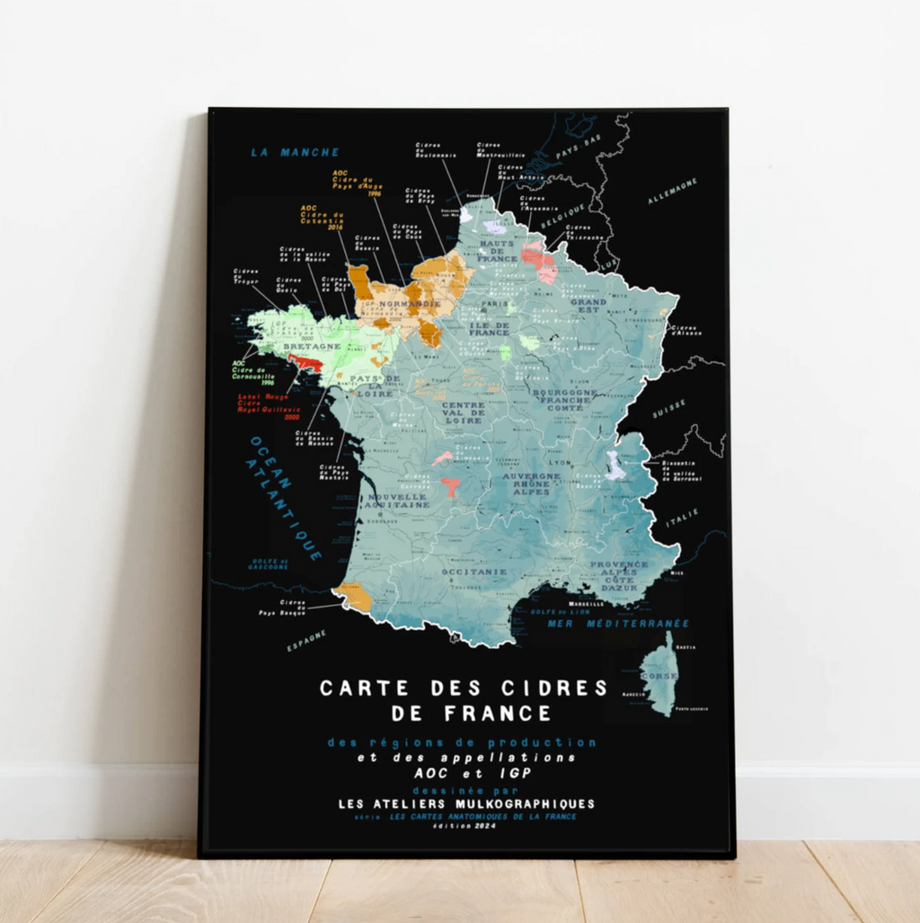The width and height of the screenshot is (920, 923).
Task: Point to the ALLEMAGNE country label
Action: pos(672,190)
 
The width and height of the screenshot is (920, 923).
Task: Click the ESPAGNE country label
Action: pos(307,640)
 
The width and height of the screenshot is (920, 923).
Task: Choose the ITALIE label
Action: pos(682,517)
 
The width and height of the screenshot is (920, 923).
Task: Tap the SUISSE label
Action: pos(668,409)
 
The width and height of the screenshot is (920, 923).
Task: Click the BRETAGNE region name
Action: pos(312,346)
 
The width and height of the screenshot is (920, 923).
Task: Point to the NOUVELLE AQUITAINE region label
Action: pos(394,500)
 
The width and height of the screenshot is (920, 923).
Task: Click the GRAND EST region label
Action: pos(588,306)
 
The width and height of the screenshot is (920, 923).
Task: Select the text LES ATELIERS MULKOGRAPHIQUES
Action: pos(465,803)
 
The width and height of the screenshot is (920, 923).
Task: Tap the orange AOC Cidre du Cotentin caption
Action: pos(322,217)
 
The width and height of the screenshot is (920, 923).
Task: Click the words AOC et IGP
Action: pos(460,772)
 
